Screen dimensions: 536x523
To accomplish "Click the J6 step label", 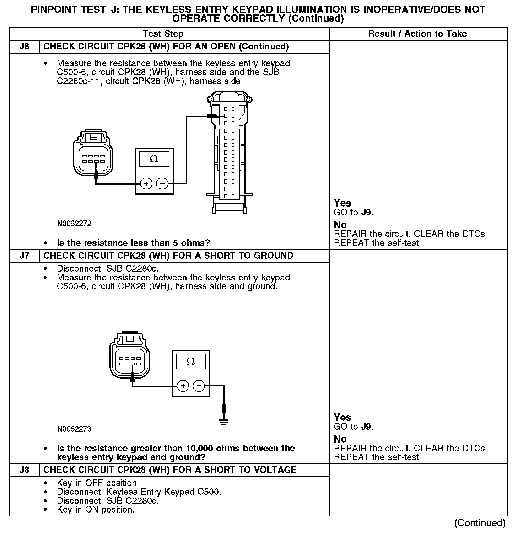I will pos(24,47).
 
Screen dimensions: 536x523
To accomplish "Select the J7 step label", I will pos(24,256).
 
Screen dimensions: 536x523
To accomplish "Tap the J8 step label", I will pos(24,470).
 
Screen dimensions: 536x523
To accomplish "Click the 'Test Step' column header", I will pos(163,34).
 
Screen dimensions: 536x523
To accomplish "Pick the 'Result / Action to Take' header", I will pos(417,34).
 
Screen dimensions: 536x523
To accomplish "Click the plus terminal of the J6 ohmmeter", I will pos(146,183).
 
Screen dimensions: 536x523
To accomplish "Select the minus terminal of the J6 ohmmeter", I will pos(162,183).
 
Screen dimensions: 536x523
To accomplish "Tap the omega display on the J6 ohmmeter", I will pos(154,159).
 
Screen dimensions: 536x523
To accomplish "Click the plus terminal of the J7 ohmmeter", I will pos(183,386).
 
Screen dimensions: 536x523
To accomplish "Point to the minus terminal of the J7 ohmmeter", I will pos(199,386).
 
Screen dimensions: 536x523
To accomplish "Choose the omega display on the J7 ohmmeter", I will pos(191,362).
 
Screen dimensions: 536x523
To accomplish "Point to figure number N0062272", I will pos(74,224).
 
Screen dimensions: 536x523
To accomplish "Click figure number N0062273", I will pos(74,429).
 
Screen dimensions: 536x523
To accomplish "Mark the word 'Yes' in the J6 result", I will pos(343,203).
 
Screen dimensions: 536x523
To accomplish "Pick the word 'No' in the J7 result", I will pos(340,439).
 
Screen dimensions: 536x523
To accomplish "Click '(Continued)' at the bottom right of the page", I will pos(480,523).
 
